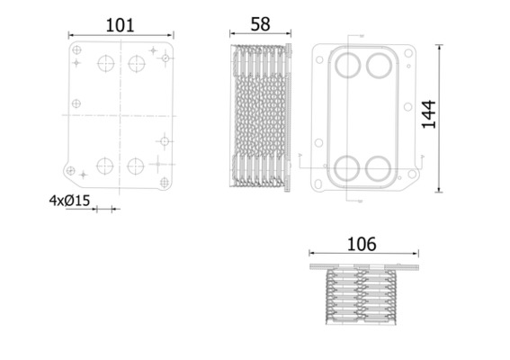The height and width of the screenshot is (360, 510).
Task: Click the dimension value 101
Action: (x=121, y=24)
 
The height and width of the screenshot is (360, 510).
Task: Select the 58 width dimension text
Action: (x=260, y=24)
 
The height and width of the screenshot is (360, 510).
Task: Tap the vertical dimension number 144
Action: (x=429, y=115)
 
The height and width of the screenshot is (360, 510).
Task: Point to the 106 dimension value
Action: (x=362, y=244)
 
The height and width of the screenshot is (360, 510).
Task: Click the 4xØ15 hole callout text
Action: (x=69, y=201)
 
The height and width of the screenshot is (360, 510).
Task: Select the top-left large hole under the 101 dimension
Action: (x=104, y=64)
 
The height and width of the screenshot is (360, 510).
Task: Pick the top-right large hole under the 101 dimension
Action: (x=136, y=64)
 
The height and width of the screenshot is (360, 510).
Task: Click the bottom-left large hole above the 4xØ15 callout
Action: (x=104, y=166)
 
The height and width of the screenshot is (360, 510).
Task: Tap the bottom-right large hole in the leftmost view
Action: (x=136, y=166)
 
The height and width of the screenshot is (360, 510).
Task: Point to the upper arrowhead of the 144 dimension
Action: (x=439, y=46)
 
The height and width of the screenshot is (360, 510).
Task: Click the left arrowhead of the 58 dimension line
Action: (x=233, y=36)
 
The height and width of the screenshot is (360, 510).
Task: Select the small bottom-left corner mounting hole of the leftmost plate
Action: (x=70, y=169)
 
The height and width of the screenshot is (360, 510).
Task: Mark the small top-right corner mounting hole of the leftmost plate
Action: (x=166, y=58)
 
